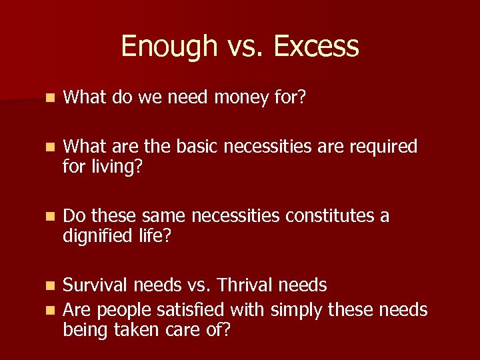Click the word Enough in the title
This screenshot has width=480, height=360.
point(160,47)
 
